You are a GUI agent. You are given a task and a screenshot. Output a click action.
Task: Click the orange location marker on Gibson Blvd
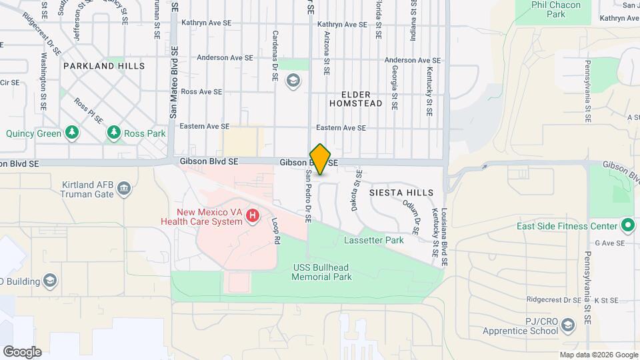click(321, 159)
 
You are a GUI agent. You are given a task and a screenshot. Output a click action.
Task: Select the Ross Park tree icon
click(114, 133)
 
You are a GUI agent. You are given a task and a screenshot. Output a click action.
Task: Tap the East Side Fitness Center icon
click(627, 225)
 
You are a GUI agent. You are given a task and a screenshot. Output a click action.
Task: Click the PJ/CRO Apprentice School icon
click(567, 325)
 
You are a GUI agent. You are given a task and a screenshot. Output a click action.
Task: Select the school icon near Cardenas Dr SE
click(292, 81)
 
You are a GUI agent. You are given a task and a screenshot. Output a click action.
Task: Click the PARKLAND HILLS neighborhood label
click(104, 66)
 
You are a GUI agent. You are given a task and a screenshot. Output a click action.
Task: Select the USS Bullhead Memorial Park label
click(322, 272)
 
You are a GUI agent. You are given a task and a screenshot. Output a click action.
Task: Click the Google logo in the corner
click(22, 351)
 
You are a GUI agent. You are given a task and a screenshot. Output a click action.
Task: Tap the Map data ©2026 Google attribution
click(598, 355)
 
